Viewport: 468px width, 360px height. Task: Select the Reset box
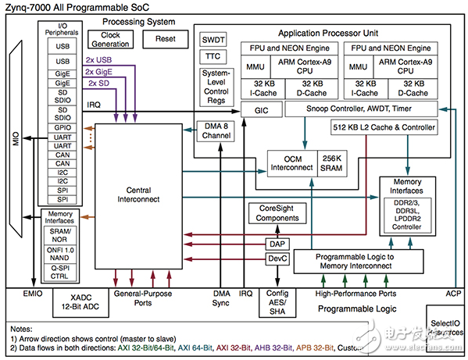[166, 39]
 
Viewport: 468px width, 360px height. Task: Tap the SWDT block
[213, 39]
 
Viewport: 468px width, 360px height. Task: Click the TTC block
[213, 57]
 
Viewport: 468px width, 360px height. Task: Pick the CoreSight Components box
[278, 213]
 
